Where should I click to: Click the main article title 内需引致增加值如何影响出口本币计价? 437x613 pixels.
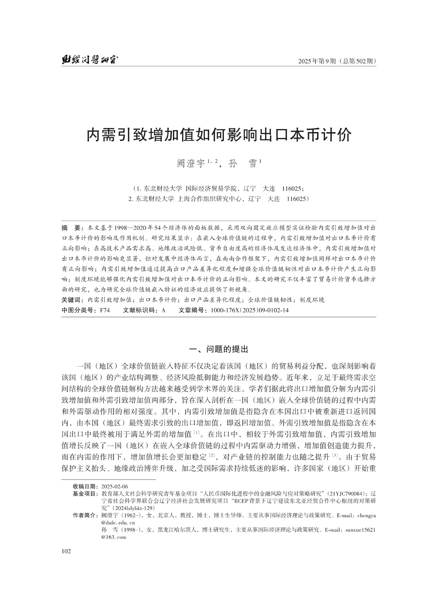219,135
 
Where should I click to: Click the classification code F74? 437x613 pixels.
105,310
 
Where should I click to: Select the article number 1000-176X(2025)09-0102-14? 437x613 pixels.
250,310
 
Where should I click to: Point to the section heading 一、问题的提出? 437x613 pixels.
219,349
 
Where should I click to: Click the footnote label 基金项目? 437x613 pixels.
85,493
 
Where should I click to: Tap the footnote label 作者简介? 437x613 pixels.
85,515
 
